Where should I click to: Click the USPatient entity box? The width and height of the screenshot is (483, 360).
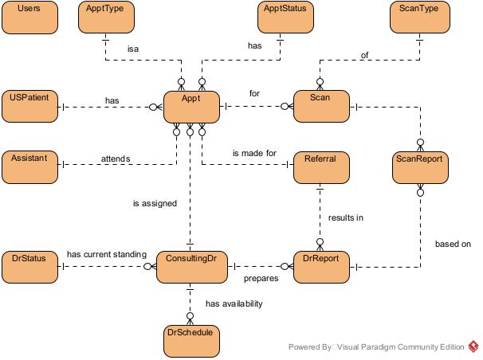point(31,106)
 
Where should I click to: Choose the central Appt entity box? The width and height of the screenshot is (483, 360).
point(191,106)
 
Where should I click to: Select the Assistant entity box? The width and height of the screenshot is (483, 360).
point(31,166)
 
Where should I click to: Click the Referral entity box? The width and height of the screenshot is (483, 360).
point(320,166)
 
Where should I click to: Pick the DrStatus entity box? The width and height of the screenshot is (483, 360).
point(31,266)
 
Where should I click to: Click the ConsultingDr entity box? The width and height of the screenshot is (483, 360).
point(191,266)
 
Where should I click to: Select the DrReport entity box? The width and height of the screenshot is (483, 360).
point(320,266)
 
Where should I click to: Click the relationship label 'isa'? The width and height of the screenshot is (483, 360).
point(134,48)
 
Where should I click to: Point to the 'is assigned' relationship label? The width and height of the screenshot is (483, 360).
point(155,203)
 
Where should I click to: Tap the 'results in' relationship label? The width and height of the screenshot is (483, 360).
point(346,217)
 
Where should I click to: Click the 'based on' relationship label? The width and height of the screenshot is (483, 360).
point(454,244)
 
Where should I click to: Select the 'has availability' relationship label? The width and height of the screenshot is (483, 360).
point(234,303)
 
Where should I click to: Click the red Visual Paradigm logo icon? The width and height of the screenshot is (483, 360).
point(473,346)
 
